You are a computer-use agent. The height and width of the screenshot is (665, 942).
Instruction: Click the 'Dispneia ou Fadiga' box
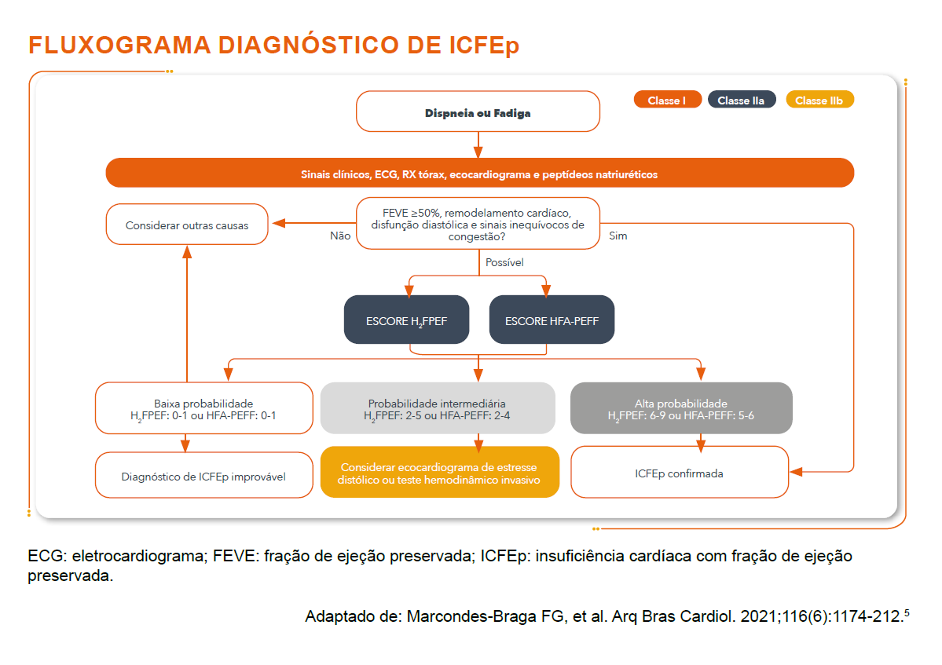pos(478,112)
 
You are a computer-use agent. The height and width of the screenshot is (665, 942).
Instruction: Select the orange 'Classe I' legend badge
pos(667,100)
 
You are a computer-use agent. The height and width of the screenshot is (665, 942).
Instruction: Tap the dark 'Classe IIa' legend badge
pos(741,100)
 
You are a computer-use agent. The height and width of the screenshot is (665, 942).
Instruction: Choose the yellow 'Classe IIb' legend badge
pos(819,100)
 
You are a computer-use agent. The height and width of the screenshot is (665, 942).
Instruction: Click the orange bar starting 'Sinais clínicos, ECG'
pos(479,174)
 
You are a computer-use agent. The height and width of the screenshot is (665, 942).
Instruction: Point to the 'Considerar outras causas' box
pos(187,225)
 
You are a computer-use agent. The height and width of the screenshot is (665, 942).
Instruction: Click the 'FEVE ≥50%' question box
pos(478,225)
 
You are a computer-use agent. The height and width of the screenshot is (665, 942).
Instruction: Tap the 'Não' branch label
pos(340,236)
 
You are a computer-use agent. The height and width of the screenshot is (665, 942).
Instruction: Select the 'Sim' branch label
pos(618,236)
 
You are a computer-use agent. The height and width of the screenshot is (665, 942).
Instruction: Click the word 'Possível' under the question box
pos(504,262)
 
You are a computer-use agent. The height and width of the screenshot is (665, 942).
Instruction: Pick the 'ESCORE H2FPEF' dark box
pos(406,320)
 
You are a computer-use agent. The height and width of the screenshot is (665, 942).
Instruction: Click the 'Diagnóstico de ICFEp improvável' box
pos(203,476)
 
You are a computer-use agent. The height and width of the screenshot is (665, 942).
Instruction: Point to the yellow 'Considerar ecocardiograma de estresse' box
pos(440,473)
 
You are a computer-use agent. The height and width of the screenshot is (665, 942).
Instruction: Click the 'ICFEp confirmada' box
pos(679,473)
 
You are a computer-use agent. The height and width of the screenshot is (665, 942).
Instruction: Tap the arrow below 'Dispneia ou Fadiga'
pos(478,144)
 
